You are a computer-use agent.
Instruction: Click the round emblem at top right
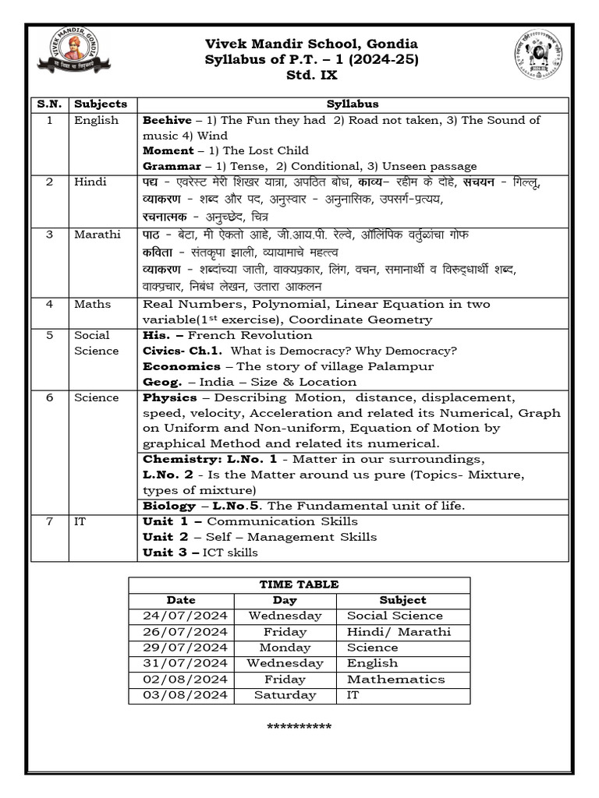539,56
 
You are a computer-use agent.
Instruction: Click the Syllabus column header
353,104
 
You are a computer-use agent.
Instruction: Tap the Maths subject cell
92,304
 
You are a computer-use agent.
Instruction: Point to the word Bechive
167,120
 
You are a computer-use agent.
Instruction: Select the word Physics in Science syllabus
169,397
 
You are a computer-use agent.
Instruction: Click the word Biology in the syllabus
168,506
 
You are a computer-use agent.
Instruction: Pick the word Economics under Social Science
181,366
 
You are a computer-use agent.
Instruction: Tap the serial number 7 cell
49,521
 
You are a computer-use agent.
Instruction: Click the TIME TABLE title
299,584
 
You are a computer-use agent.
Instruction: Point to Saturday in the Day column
285,695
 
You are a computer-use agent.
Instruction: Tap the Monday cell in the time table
285,648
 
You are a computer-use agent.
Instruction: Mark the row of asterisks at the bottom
299,728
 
